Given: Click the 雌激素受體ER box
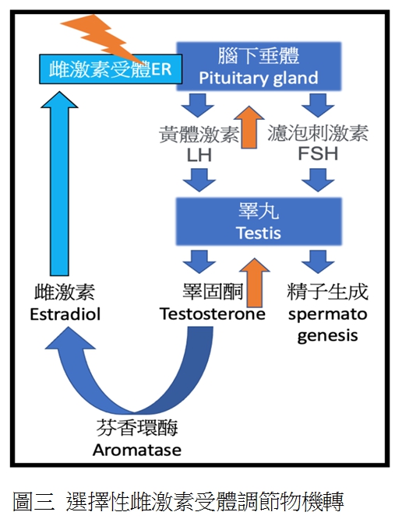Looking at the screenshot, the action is point(111,69).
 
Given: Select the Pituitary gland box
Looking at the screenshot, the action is point(259,66).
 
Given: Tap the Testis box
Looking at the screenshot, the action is point(259,222).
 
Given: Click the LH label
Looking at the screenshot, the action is point(199,156).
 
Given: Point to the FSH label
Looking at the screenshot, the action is point(318,154).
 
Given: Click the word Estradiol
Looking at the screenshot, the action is point(65,314).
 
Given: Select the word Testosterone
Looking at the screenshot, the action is point(213,314).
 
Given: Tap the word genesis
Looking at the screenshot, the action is point(328,336).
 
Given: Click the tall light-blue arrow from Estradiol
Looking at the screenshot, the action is point(59,184).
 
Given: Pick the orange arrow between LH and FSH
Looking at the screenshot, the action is point(249,127).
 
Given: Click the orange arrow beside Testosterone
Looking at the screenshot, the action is point(255,282).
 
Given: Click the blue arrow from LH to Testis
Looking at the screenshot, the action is point(199,180).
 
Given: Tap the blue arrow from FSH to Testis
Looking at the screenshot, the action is point(318,180).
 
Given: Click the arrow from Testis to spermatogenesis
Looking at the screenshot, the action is point(318,261).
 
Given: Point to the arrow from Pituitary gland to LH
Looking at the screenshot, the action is point(198,105).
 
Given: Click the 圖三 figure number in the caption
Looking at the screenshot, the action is point(34,502).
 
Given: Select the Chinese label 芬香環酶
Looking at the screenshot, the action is point(137,428).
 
